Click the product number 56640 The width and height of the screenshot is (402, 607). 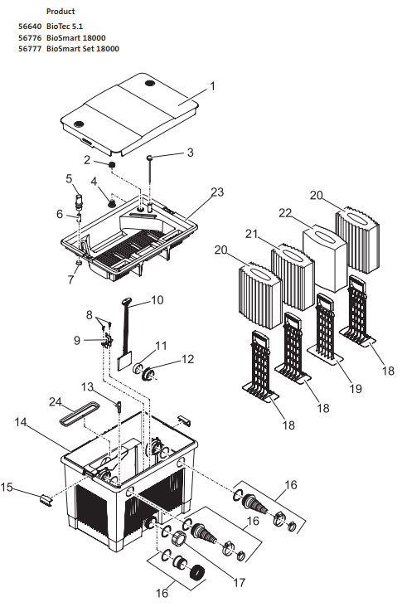(30, 27)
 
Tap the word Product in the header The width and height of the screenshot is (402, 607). (61, 12)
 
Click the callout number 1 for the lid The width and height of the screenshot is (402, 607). (212, 85)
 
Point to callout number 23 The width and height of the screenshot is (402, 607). (216, 192)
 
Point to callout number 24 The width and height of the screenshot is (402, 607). (56, 402)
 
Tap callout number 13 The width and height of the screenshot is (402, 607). (87, 386)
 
